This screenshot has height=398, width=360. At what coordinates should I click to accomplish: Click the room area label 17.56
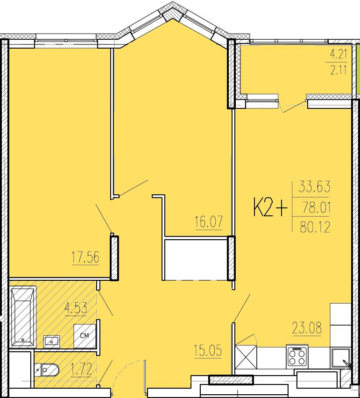(85, 258)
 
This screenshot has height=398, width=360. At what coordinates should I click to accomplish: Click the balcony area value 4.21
(339, 55)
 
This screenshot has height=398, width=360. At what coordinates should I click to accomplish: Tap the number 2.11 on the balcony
(339, 71)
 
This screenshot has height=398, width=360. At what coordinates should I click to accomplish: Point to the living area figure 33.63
(314, 188)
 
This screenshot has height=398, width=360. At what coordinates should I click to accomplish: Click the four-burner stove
(296, 357)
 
